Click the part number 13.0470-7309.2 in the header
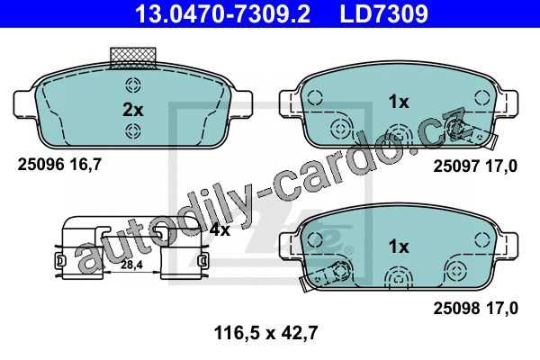[x=222, y=13]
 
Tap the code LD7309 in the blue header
[x=383, y=13]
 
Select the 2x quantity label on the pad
[x=133, y=110]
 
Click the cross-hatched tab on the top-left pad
[x=133, y=58]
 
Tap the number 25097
[x=456, y=166]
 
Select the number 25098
[x=456, y=308]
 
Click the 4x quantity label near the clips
[x=220, y=229]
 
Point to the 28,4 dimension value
[x=132, y=265]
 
